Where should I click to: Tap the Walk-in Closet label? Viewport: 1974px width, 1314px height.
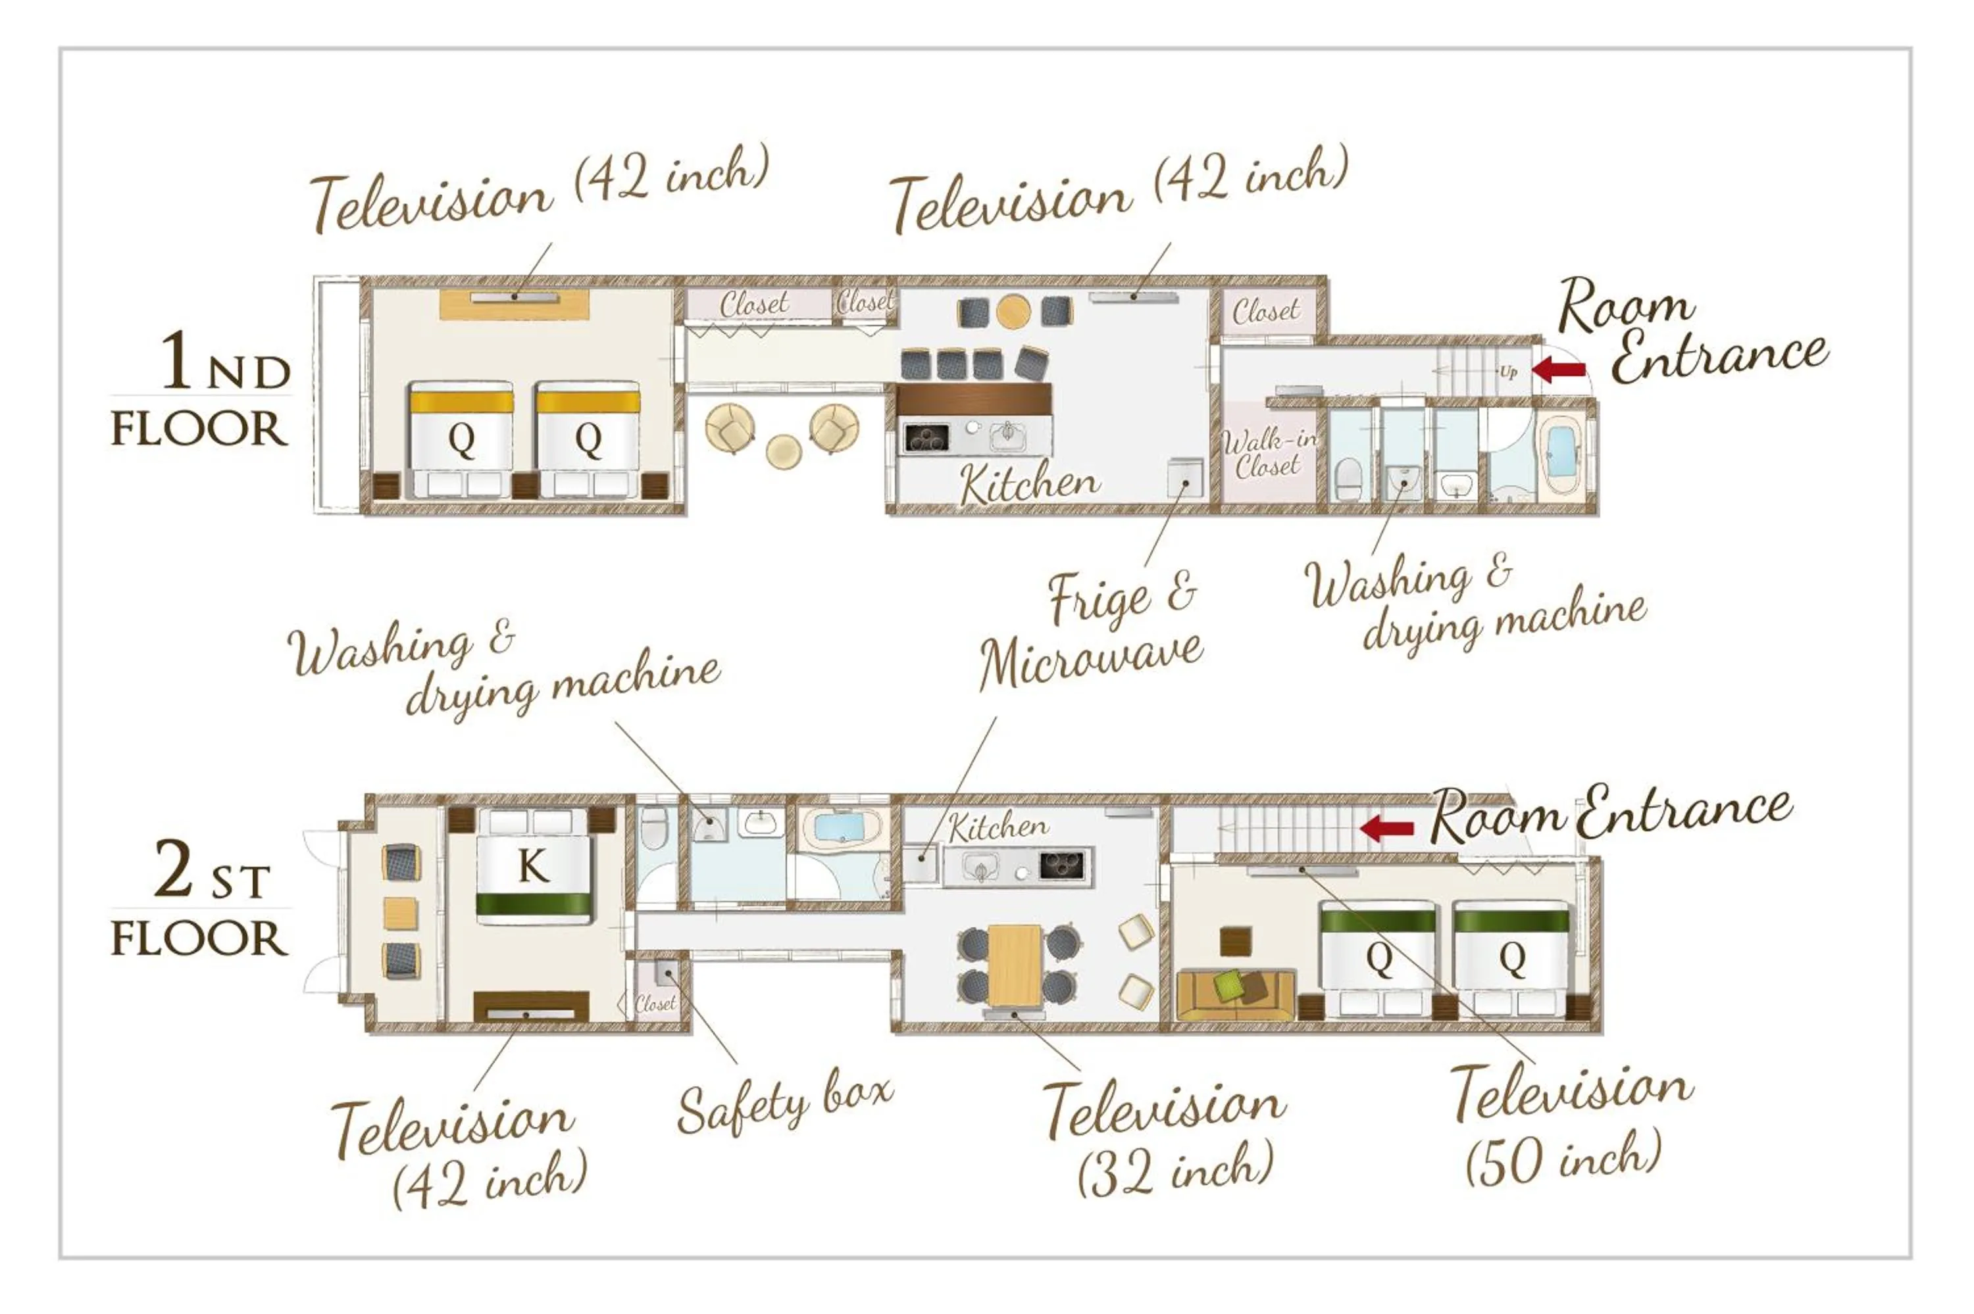click(x=1267, y=452)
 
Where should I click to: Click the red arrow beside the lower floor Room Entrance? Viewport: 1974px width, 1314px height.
click(x=1387, y=829)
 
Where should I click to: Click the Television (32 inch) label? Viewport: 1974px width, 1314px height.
click(x=1165, y=1136)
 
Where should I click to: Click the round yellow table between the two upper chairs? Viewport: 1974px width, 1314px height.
click(x=1013, y=311)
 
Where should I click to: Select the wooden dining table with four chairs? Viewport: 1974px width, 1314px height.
click(x=1014, y=963)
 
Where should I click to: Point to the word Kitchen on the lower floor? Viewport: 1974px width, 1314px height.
click(x=998, y=827)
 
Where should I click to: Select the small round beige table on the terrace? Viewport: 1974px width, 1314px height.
click(x=783, y=452)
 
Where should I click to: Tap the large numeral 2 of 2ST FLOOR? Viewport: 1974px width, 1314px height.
click(x=174, y=870)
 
